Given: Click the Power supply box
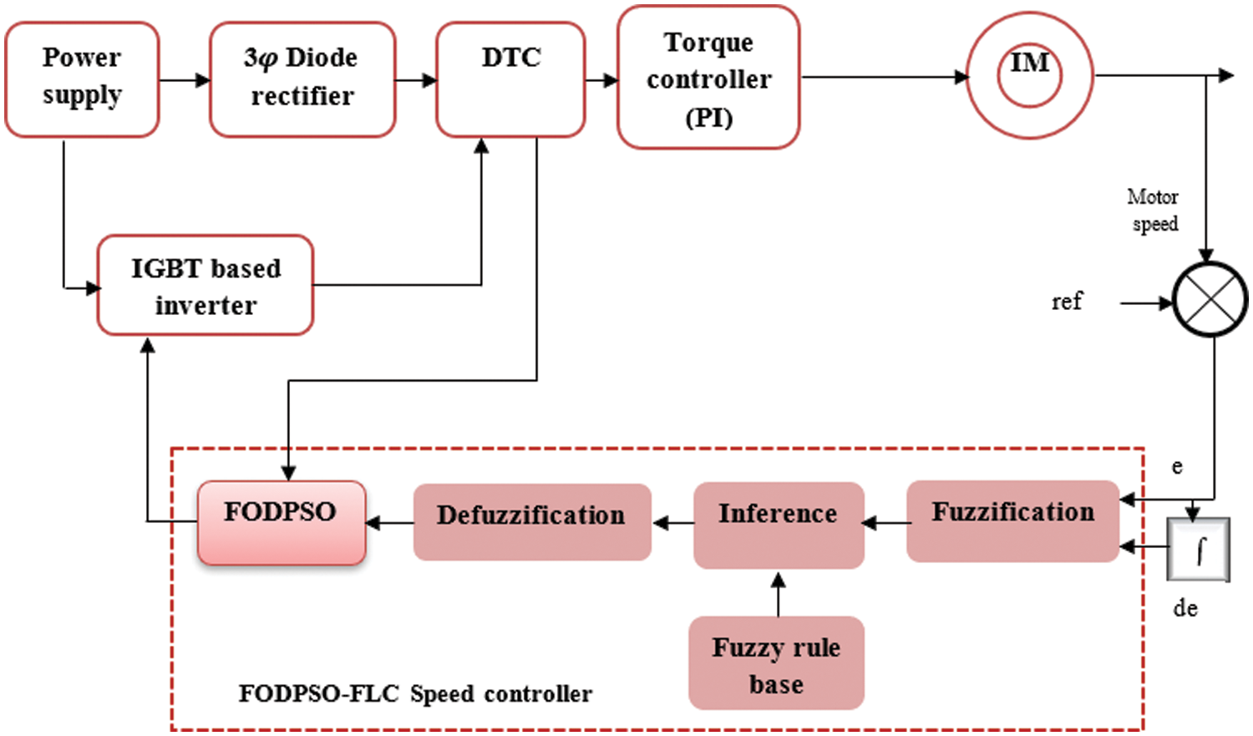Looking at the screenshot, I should (82, 79).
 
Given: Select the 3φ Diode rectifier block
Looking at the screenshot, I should (302, 79).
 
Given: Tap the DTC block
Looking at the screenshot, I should (510, 79).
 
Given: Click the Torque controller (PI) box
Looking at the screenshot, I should (708, 78).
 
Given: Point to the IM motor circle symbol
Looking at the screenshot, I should (1029, 75).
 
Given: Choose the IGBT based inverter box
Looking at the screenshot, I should (205, 286).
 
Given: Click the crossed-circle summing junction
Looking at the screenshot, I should (1210, 299).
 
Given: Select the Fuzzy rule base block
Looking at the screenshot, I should (776, 663).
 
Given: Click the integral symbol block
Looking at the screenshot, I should (1199, 550).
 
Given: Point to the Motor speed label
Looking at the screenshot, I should (1154, 211).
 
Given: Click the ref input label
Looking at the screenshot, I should (1067, 301).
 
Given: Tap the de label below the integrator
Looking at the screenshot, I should (1185, 608).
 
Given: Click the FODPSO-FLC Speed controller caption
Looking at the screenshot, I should (415, 693).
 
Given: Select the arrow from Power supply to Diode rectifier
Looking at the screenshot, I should (185, 80).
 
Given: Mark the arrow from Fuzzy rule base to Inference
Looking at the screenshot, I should (778, 594).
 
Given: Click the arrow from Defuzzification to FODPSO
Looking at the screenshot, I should (390, 523).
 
